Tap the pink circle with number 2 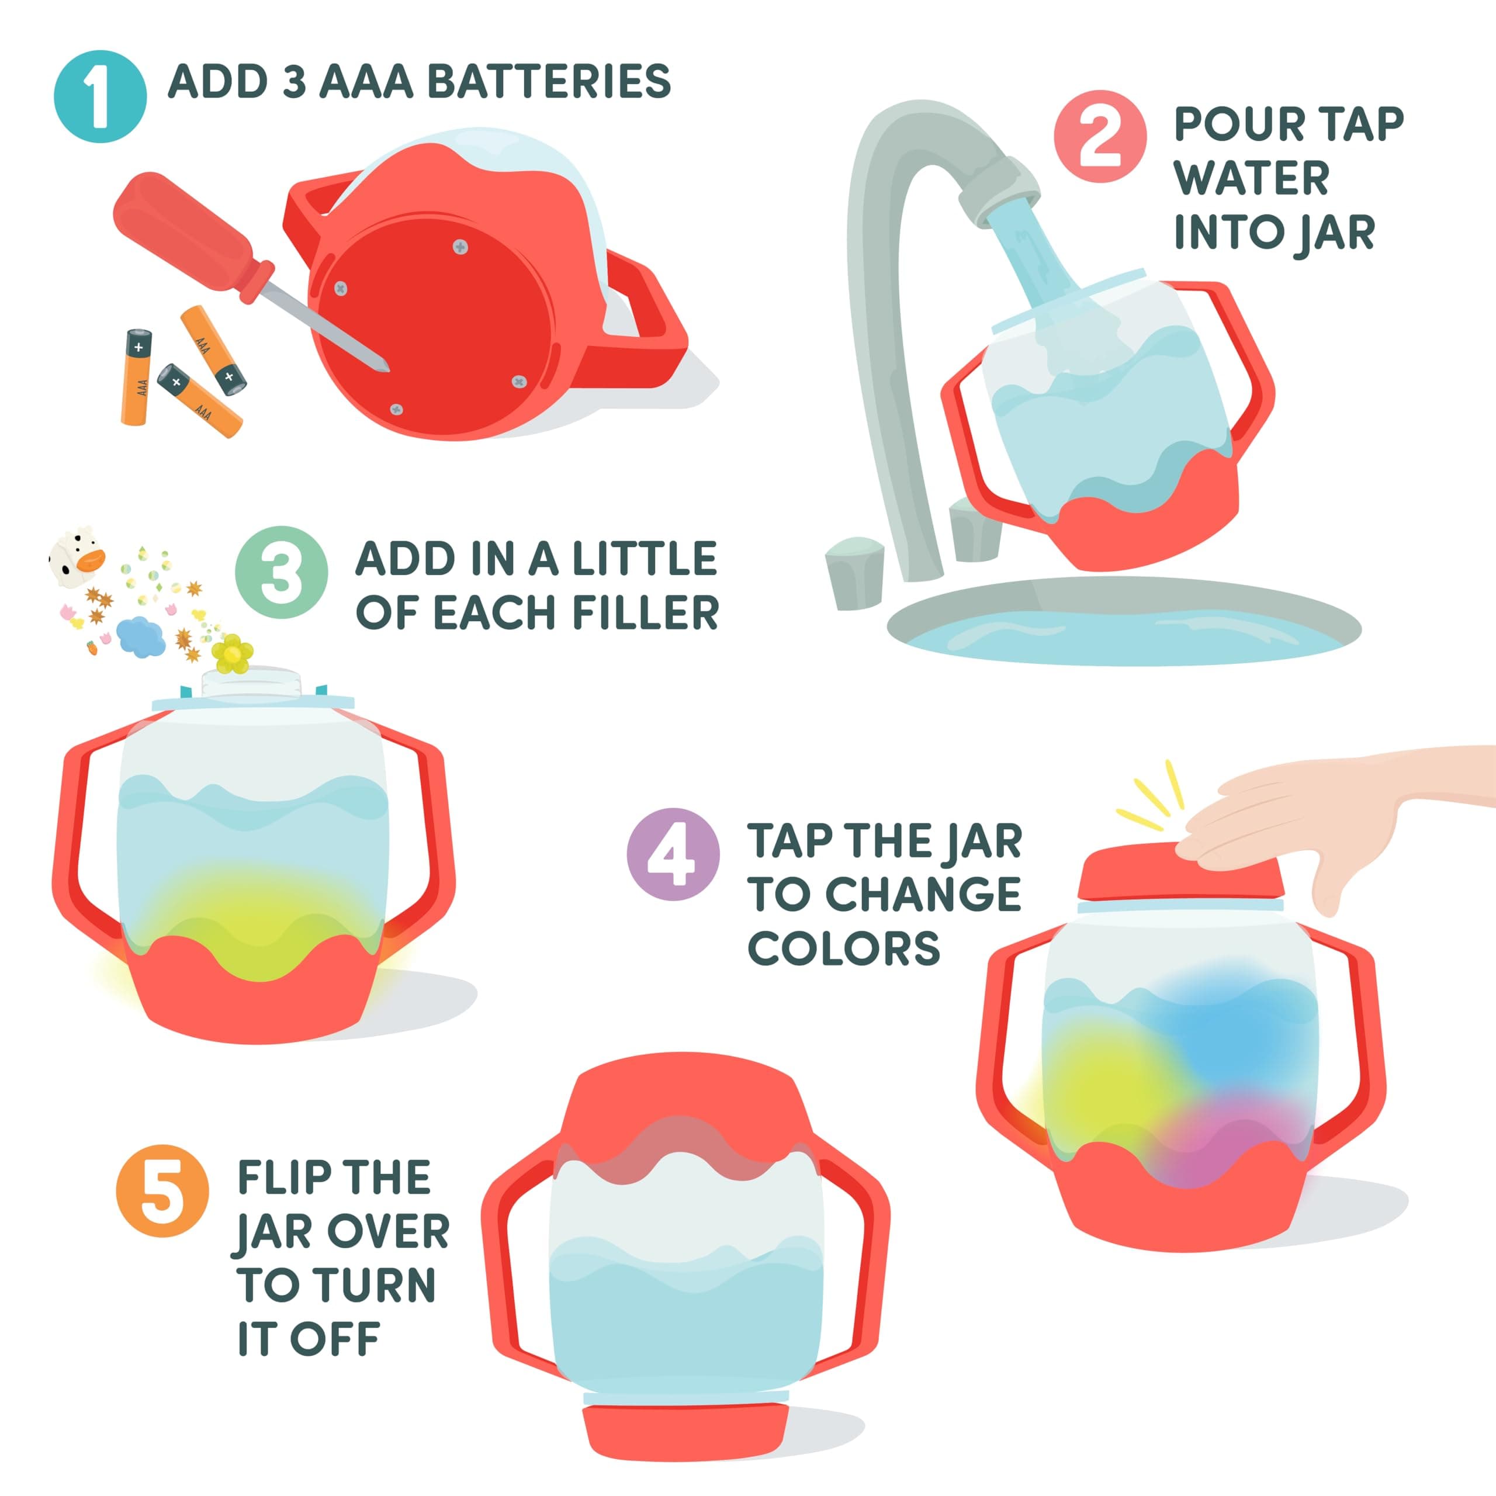(1100, 137)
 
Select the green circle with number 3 (281, 572)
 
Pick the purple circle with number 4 (673, 854)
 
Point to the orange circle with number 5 (162, 1191)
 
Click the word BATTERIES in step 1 (548, 82)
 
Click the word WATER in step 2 (1251, 178)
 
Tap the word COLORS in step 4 (843, 948)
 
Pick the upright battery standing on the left (136, 376)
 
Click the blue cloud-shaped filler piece (140, 636)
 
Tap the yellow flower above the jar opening (231, 653)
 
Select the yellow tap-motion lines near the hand (1154, 798)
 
